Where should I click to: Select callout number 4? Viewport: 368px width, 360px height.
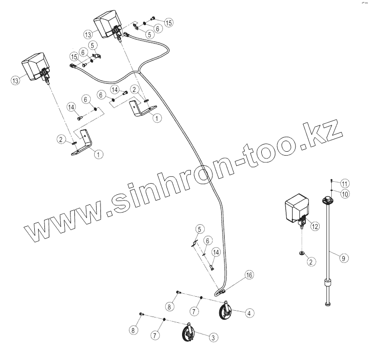248,313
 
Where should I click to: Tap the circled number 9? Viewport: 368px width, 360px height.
343,259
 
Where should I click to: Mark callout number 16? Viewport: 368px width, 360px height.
249,275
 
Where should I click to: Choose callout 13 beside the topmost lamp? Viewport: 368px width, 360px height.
87,34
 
